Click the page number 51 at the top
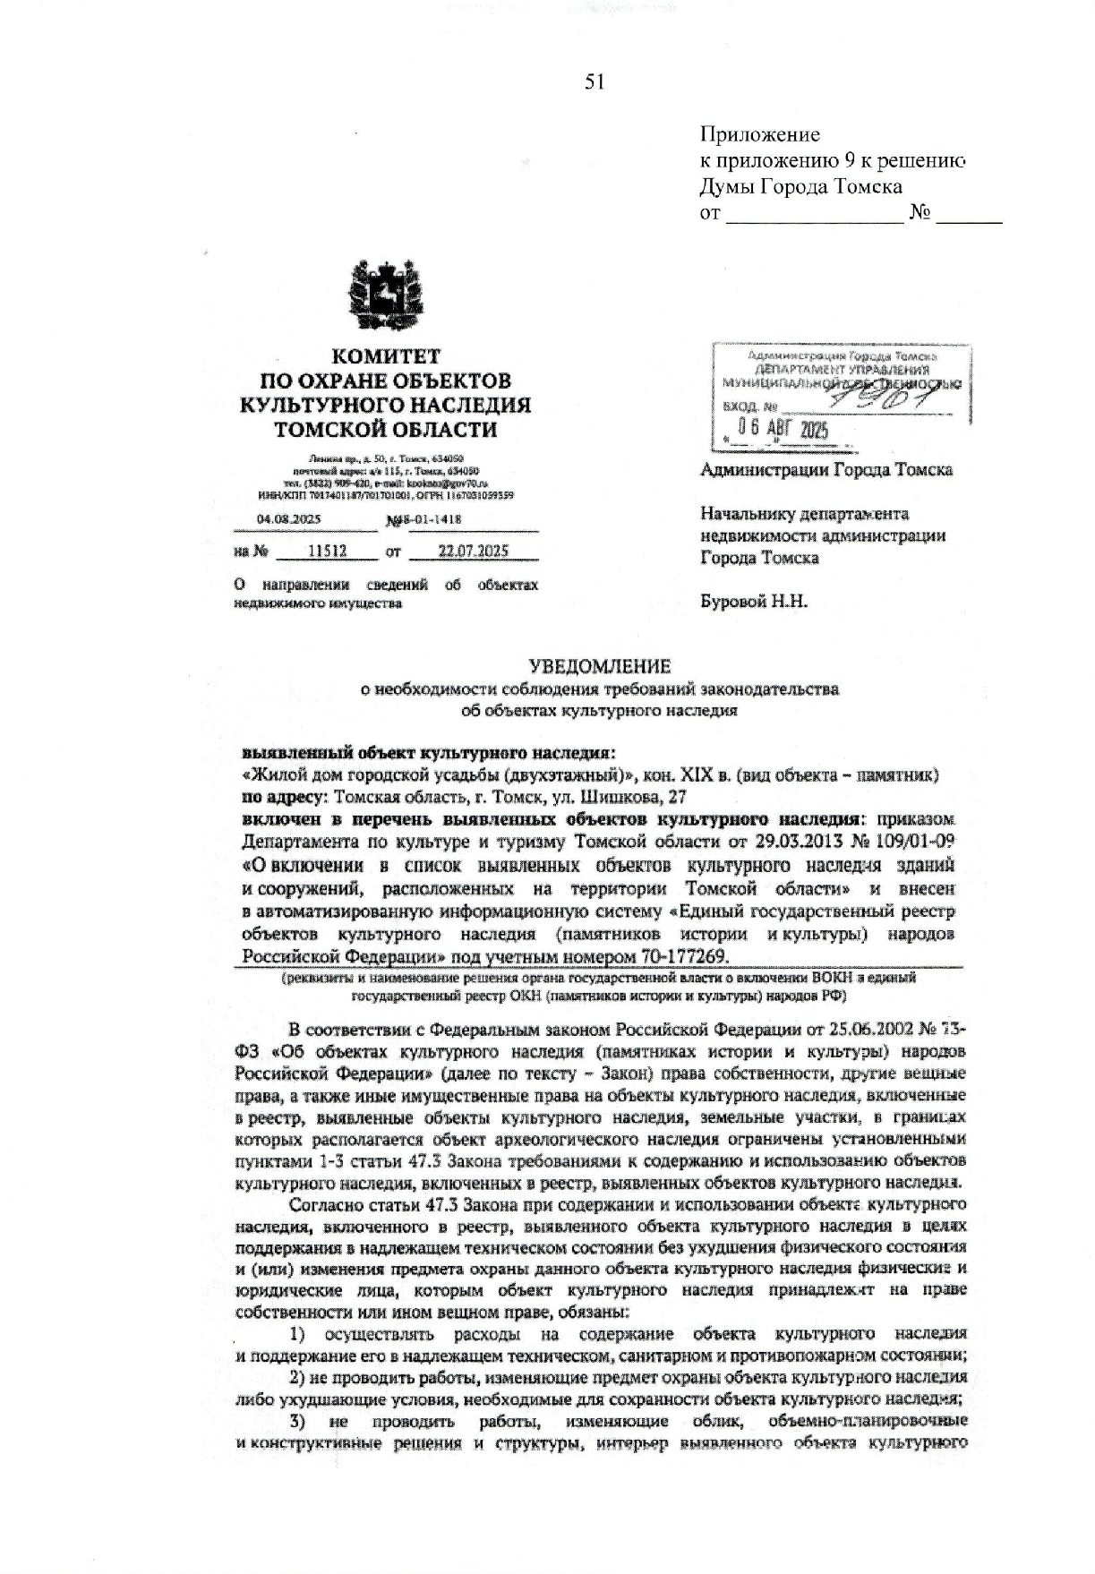(x=595, y=82)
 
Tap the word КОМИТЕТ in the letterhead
(x=385, y=356)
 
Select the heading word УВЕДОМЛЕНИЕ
(x=599, y=667)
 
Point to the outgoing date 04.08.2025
(x=288, y=519)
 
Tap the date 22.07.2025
(x=473, y=552)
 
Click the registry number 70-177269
(x=666, y=955)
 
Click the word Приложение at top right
(x=759, y=135)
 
